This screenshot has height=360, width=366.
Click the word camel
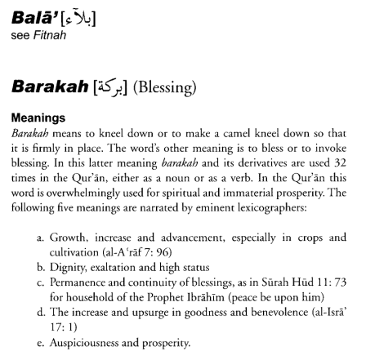245,131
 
